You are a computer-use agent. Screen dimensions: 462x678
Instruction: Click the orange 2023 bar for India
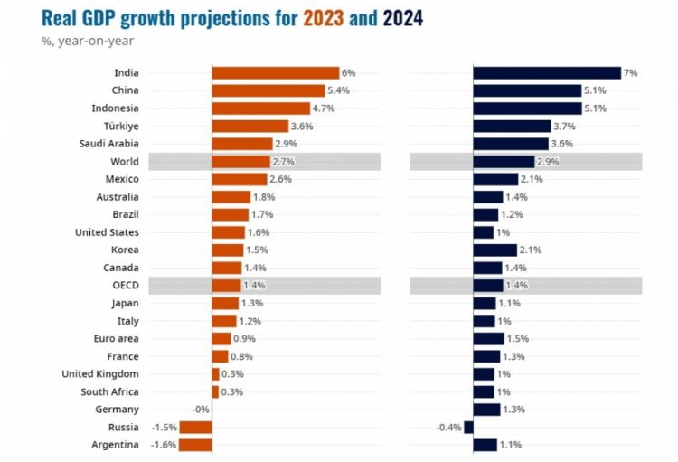pyautogui.click(x=275, y=73)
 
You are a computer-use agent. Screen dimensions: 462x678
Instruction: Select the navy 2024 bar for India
pyautogui.click(x=547, y=73)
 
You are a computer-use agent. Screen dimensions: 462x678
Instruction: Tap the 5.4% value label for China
pyautogui.click(x=337, y=90)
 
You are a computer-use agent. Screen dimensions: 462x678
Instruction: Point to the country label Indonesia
pyautogui.click(x=115, y=108)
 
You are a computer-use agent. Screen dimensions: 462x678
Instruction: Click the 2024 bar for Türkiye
pyautogui.click(x=512, y=126)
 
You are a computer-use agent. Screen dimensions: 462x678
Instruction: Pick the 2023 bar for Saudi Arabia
pyautogui.click(x=241, y=144)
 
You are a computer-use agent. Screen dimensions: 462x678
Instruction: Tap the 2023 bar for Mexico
pyautogui.click(x=240, y=179)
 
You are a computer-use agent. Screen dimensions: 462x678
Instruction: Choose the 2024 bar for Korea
pyautogui.click(x=494, y=250)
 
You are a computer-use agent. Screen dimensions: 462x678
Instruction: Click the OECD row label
pyautogui.click(x=124, y=285)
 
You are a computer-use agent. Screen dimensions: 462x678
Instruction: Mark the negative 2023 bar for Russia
pyautogui.click(x=195, y=427)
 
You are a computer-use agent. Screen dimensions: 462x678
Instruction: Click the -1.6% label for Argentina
pyautogui.click(x=165, y=445)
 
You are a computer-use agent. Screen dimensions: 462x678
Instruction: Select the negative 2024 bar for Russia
pyautogui.click(x=468, y=427)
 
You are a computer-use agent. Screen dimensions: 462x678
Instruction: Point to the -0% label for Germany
pyautogui.click(x=200, y=410)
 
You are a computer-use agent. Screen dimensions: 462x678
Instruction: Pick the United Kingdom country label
pyautogui.click(x=100, y=373)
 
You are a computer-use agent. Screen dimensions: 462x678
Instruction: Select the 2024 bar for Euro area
pyautogui.click(x=488, y=338)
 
